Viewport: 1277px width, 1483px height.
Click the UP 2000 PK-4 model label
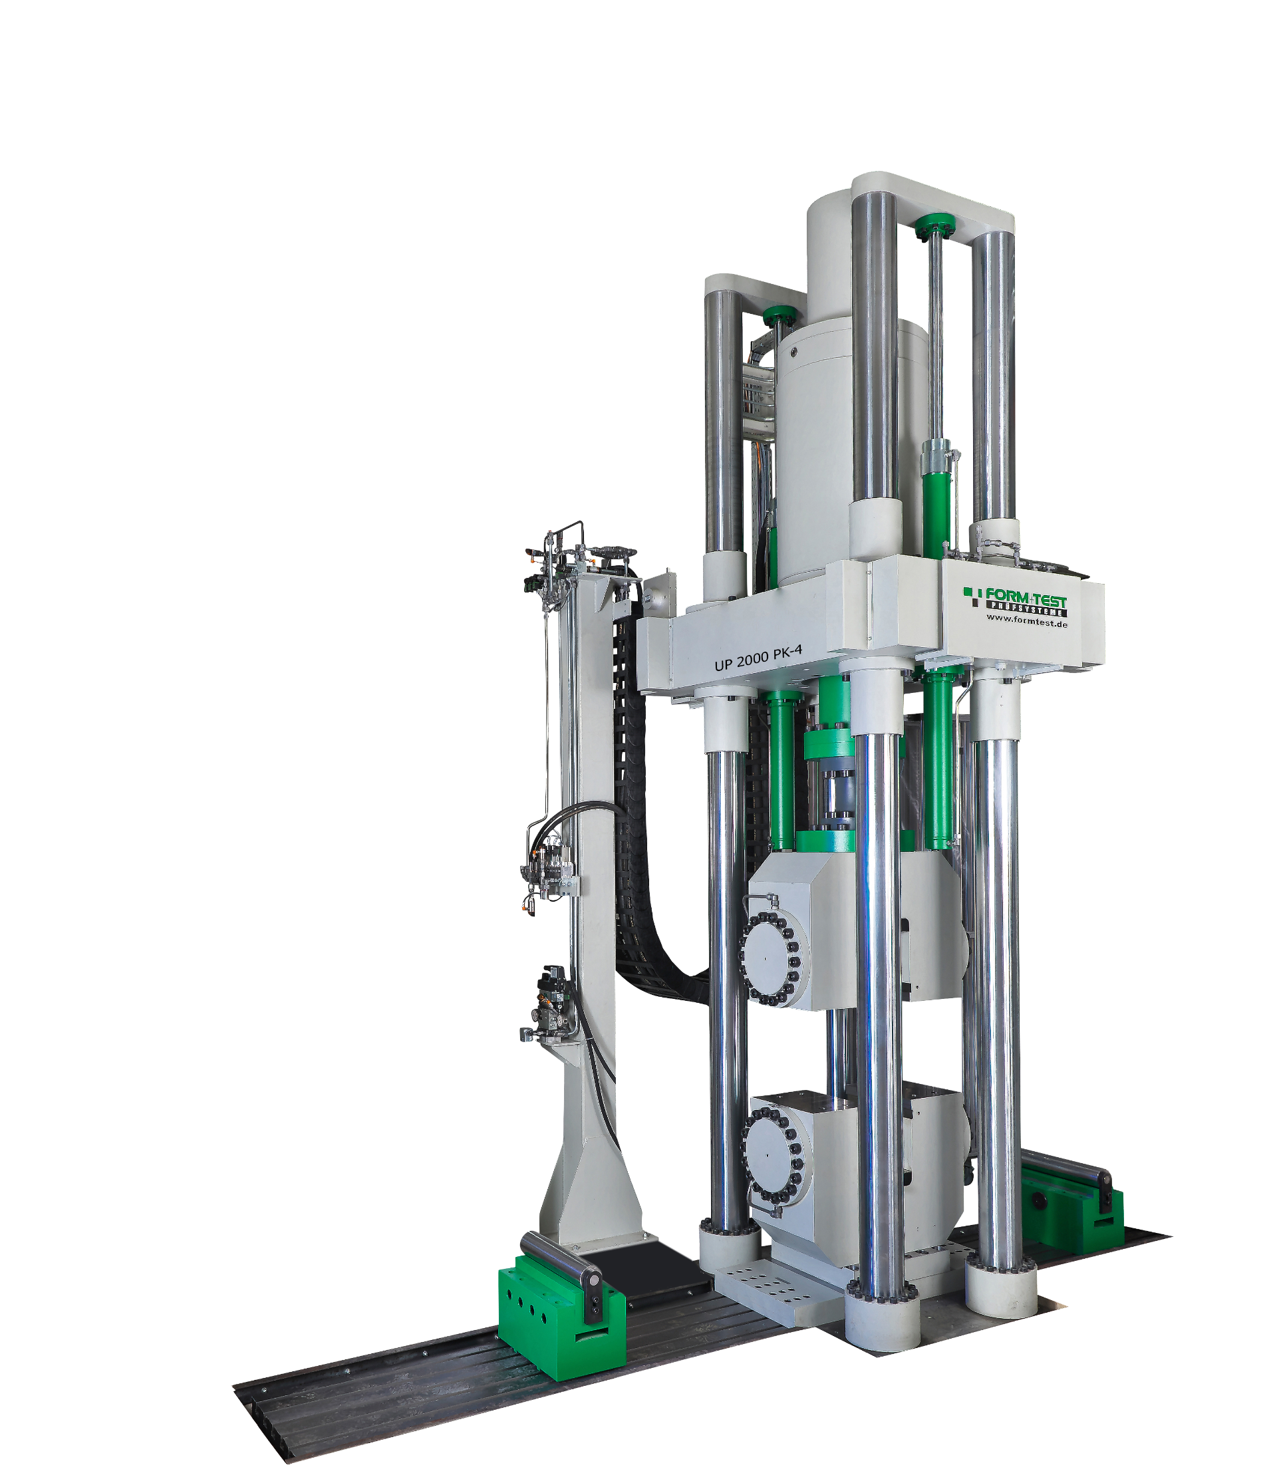758,657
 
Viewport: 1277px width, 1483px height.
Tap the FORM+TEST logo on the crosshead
1016,601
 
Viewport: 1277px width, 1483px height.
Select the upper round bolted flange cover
770,958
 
